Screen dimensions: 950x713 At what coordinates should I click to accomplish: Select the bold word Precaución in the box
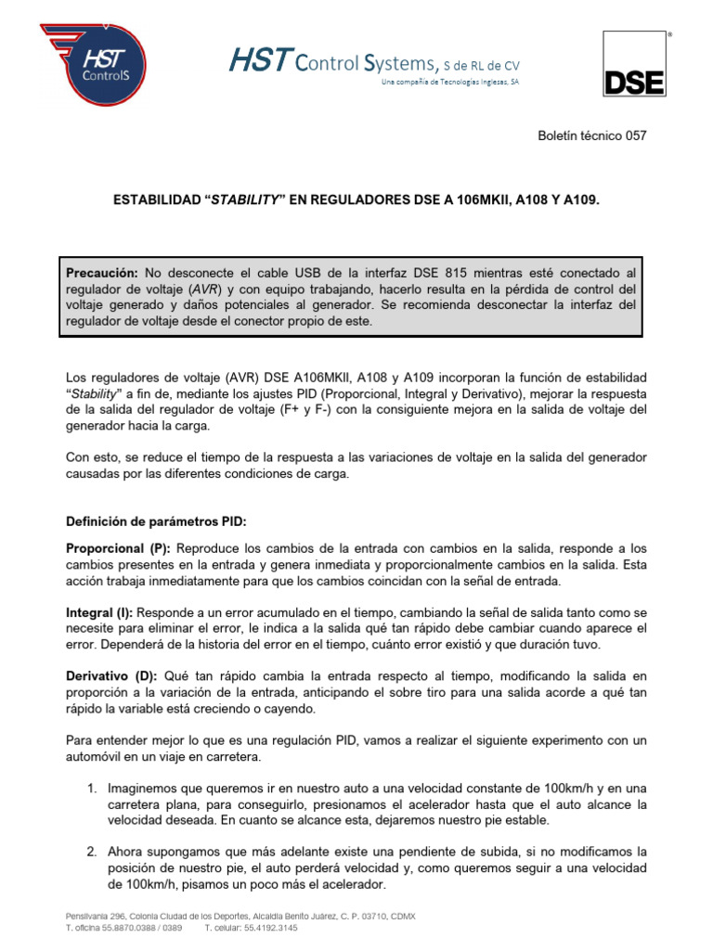(x=103, y=273)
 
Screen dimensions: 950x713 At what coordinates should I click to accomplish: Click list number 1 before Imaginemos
(x=92, y=788)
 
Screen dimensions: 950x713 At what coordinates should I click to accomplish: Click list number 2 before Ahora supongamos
(x=92, y=852)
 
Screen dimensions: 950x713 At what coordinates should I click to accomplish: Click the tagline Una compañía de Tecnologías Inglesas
(x=451, y=83)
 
